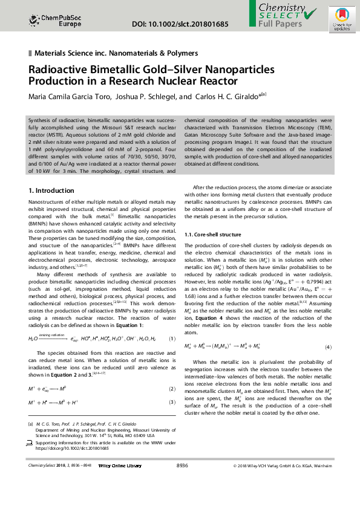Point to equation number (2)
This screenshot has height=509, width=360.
(x=172, y=388)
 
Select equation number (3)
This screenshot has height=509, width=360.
(x=172, y=402)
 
